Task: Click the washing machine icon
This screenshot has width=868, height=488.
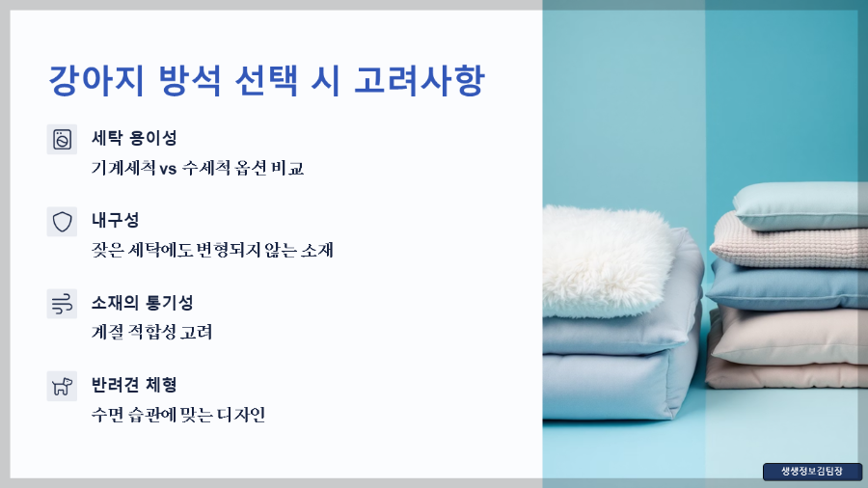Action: pyautogui.click(x=62, y=139)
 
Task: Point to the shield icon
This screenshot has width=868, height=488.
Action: pyautogui.click(x=62, y=222)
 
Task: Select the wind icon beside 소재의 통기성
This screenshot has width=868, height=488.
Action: pyautogui.click(x=62, y=304)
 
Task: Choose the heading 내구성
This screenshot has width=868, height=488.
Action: pyautogui.click(x=115, y=220)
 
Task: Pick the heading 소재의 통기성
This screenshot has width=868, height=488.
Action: pyautogui.click(x=142, y=303)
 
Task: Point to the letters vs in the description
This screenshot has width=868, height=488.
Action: pyautogui.click(x=168, y=168)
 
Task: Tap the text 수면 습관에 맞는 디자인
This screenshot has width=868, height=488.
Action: pyautogui.click(x=177, y=416)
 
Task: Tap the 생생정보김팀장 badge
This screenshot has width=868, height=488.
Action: pyautogui.click(x=811, y=472)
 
